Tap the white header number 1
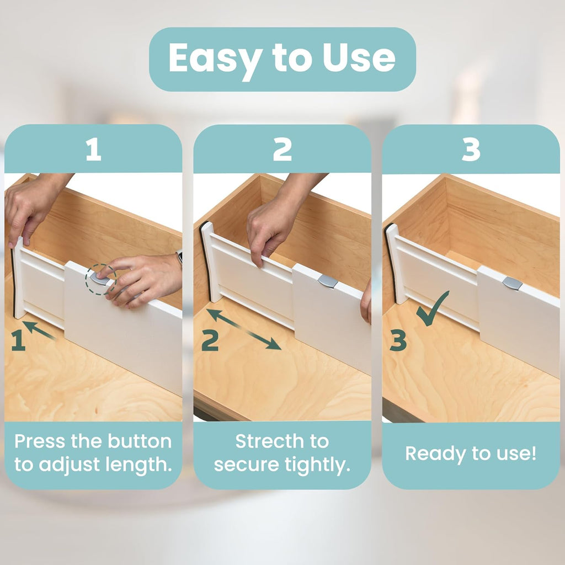[93, 150]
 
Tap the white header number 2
[282, 150]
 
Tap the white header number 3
[471, 150]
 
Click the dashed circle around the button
[100, 279]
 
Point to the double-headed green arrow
[244, 329]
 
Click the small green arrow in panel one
[39, 330]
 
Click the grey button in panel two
[327, 281]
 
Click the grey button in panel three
[512, 284]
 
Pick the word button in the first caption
[140, 441]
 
